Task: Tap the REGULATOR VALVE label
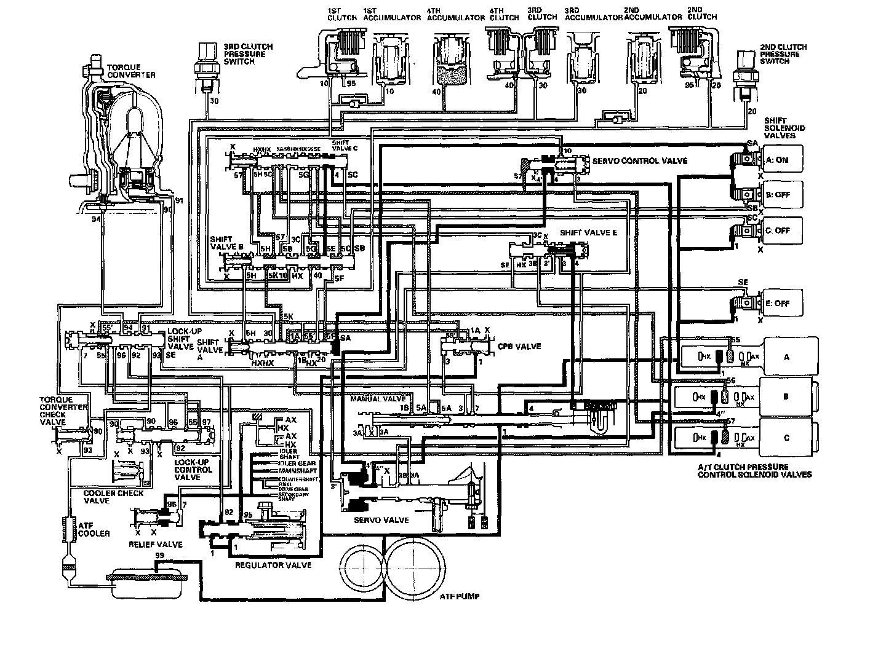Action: pos(273,564)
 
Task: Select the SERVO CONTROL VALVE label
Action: pos(639,160)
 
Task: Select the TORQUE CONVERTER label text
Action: pos(131,71)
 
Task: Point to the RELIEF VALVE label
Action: pos(155,544)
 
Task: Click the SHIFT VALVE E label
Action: pos(588,233)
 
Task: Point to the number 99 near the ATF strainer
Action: pos(159,555)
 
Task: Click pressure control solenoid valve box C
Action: pos(785,438)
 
